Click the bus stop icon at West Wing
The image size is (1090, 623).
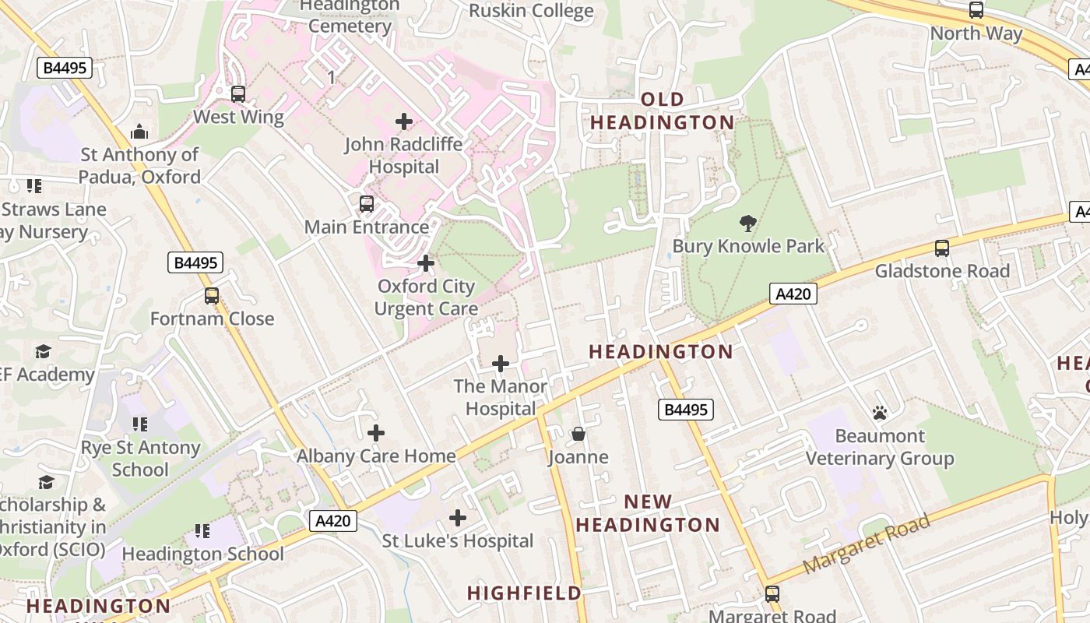pyautogui.click(x=238, y=93)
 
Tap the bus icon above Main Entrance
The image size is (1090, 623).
pyautogui.click(x=367, y=204)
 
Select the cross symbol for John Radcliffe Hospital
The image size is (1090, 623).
pyautogui.click(x=404, y=121)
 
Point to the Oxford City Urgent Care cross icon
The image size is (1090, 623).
pyautogui.click(x=426, y=263)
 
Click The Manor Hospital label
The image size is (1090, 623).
pyautogui.click(x=500, y=397)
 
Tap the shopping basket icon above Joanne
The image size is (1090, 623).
pyautogui.click(x=578, y=434)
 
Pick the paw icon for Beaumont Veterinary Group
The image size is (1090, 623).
pyautogui.click(x=880, y=413)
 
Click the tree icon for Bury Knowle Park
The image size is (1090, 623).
pyautogui.click(x=748, y=224)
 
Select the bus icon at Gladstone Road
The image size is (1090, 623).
pyautogui.click(x=942, y=248)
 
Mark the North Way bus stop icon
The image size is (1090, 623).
pyautogui.click(x=976, y=10)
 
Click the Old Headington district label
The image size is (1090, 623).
pyautogui.click(x=662, y=111)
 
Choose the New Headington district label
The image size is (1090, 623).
pyautogui.click(x=648, y=513)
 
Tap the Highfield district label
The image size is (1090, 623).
pyautogui.click(x=524, y=593)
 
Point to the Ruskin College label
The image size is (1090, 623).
pyautogui.click(x=531, y=11)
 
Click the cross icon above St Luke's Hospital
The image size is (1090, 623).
pyautogui.click(x=458, y=517)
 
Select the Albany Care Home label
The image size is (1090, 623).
pyautogui.click(x=376, y=456)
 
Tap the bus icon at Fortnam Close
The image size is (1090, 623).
pyautogui.click(x=212, y=296)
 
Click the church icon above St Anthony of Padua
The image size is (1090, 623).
pyautogui.click(x=140, y=131)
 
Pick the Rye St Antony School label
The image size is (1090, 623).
pyautogui.click(x=140, y=459)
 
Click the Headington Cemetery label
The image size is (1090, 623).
pyautogui.click(x=350, y=16)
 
